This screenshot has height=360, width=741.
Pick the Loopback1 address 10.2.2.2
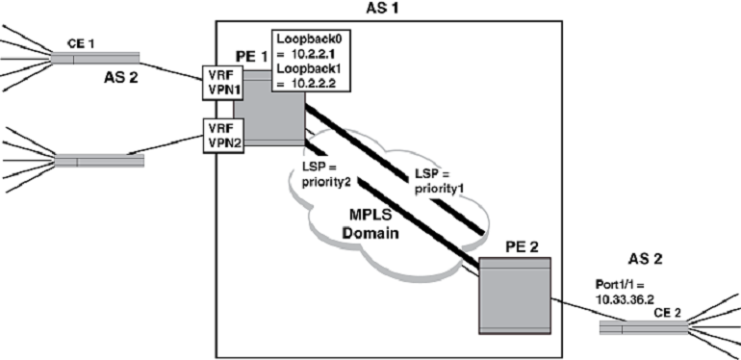pos(317,85)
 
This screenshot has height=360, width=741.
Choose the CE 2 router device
pos(643,328)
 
